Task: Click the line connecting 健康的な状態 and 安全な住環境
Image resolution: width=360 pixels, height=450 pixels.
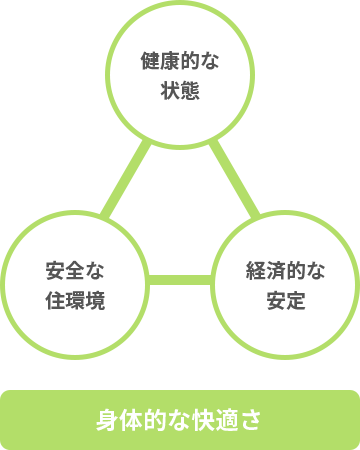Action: [124, 180]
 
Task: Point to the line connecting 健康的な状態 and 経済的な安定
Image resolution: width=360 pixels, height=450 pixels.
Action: [236, 180]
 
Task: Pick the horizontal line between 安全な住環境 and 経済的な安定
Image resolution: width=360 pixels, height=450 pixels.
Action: [180, 279]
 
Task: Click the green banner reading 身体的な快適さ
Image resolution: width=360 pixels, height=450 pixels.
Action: [180, 418]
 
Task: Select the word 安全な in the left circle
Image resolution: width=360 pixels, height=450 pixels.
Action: [75, 270]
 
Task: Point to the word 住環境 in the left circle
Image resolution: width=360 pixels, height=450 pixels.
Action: [75, 298]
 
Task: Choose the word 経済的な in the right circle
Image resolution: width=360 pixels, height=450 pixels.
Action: [285, 270]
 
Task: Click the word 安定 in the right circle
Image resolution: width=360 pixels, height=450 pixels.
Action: [285, 298]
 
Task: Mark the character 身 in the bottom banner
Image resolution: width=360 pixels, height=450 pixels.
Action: [107, 418]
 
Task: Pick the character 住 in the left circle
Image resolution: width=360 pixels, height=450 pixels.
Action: [54, 298]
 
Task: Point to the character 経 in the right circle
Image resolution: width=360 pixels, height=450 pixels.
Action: [254, 270]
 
